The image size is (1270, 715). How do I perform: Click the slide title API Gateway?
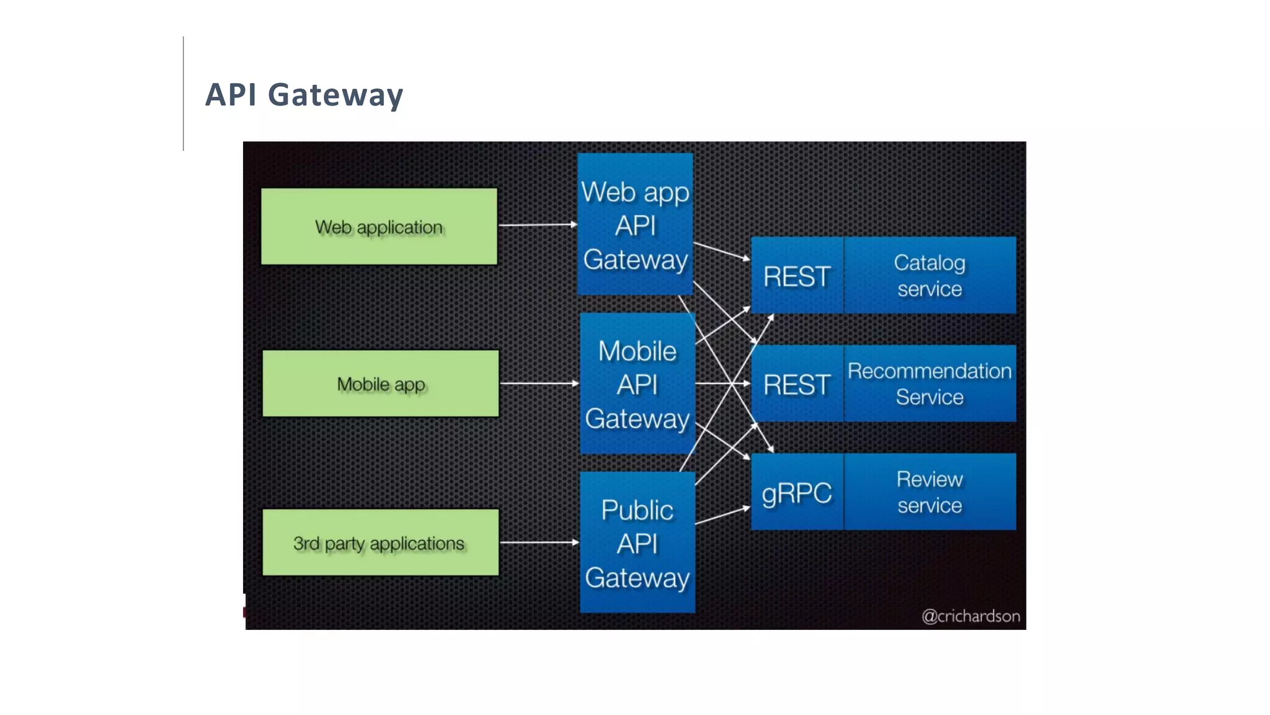coord(304,95)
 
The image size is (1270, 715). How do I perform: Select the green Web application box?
coord(379,227)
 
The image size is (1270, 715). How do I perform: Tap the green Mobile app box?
coord(380,384)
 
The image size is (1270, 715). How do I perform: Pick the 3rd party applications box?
coord(380,542)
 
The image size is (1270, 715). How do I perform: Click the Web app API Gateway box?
coord(635,225)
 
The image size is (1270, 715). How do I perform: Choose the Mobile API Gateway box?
coord(637,384)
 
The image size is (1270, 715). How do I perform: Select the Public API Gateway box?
coord(637,543)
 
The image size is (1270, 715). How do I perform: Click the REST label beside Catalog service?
coord(797,276)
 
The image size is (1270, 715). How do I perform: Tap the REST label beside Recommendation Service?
coord(797,384)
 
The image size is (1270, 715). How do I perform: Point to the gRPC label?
coord(797,493)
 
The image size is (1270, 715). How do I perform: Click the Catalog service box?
coord(930,275)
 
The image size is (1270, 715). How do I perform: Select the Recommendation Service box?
coord(930,384)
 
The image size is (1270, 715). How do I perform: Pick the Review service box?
coord(930,492)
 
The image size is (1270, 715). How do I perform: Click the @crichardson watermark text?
coord(970,616)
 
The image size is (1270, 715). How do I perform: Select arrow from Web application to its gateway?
coord(538,225)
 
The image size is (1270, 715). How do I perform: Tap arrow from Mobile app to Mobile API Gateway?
coord(539,384)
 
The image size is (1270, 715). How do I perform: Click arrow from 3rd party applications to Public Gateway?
coord(539,542)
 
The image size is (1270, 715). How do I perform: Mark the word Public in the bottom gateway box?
coord(637,510)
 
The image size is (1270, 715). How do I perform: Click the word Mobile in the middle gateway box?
coord(637,351)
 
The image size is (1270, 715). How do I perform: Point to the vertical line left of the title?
coord(184,93)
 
